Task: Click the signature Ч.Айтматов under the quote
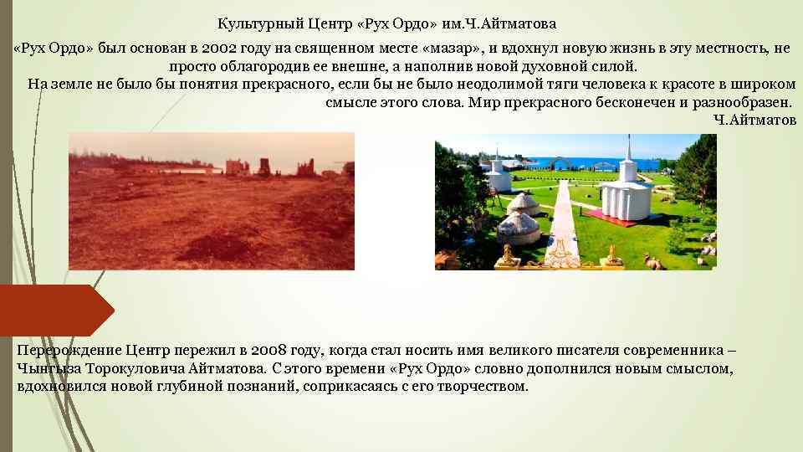click(x=755, y=119)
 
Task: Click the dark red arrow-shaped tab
click(x=55, y=310)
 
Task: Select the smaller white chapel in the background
click(x=497, y=174)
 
